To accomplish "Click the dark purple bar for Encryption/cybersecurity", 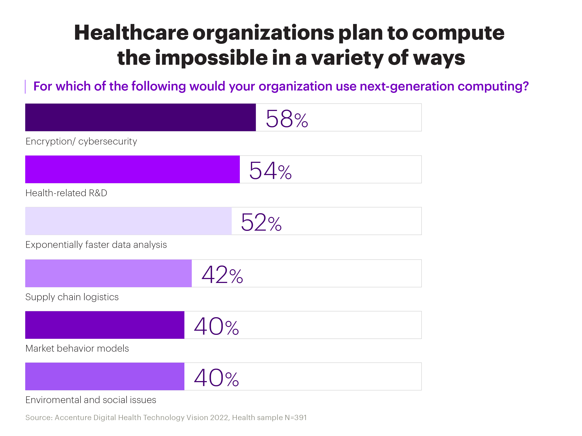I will [140, 117].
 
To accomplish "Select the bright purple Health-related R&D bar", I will [132, 169].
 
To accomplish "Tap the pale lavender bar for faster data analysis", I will [128, 221].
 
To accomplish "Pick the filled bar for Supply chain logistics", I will [108, 273].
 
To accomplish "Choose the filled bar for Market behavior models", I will [105, 325].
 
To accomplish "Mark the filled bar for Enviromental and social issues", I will [105, 376].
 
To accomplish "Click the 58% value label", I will [287, 119].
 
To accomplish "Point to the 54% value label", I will [270, 171].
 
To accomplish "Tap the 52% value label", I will [261, 222].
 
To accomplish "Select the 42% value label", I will [222, 275].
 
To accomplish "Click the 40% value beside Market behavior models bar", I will [216, 326].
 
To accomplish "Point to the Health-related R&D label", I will [66, 193].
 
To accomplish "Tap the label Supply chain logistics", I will [72, 297].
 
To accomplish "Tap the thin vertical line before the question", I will [25, 87].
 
